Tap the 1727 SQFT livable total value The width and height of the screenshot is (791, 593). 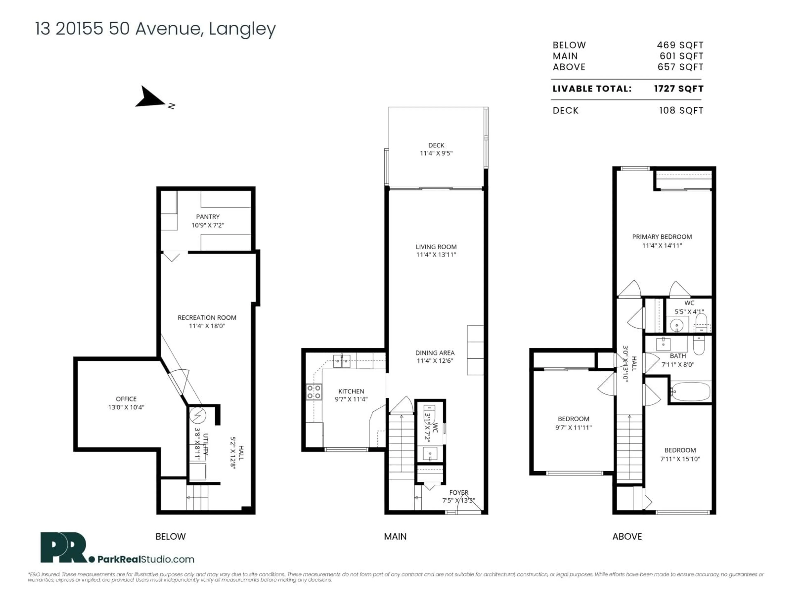(678, 89)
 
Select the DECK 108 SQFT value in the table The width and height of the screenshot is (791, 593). (681, 110)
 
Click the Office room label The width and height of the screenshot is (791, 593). (126, 399)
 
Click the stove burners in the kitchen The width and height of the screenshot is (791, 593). (314, 392)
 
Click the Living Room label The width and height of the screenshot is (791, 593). (436, 247)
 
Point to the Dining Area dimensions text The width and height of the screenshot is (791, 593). (435, 361)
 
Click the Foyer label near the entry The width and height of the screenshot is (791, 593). (459, 493)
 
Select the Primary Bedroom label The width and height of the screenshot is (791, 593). (662, 237)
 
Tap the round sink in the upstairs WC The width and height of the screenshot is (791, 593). (676, 326)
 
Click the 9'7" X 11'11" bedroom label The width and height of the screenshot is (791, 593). (573, 427)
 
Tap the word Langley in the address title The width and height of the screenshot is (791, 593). (242, 29)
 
